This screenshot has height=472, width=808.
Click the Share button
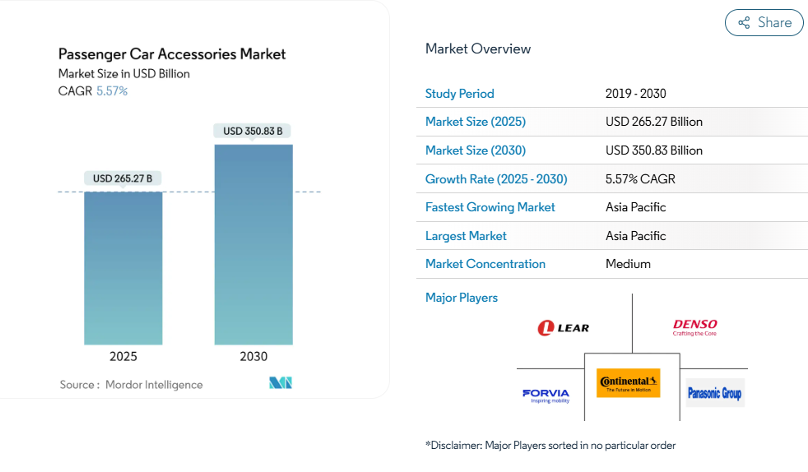[764, 23]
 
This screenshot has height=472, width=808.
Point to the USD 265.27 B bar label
[123, 178]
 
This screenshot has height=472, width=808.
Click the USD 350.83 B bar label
[253, 131]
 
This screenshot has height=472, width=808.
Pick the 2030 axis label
[253, 356]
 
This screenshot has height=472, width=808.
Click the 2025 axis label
[123, 356]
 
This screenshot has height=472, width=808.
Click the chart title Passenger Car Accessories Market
[172, 54]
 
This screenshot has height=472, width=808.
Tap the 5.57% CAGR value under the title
[112, 91]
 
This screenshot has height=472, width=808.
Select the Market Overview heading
[478, 49]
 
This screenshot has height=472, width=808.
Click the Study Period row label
[460, 94]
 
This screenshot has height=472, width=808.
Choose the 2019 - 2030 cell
[636, 94]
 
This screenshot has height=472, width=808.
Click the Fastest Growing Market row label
[490, 207]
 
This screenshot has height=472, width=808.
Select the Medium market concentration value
[628, 264]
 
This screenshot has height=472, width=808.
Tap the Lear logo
[564, 328]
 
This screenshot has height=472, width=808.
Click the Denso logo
[694, 328]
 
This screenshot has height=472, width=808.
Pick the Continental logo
[629, 382]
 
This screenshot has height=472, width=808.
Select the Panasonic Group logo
[714, 393]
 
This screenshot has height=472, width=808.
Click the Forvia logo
[546, 395]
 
